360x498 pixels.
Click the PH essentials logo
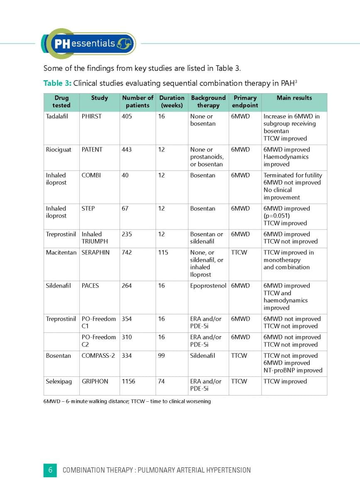pos(88,44)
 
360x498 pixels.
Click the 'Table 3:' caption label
pos(57,83)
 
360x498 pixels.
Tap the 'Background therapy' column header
pos(208,102)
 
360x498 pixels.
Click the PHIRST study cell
pos(91,116)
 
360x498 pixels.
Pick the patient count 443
pos(127,149)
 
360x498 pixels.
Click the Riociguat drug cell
pos(58,149)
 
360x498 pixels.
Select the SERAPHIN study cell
pos(96,252)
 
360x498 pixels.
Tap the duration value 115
pos(163,252)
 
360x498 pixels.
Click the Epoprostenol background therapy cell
pos(208,286)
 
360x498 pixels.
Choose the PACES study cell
pos(90,286)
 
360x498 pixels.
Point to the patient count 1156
pos(128,381)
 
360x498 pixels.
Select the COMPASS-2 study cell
pos(98,356)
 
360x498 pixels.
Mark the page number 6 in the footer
pos(50,470)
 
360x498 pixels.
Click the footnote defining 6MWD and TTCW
pos(127,401)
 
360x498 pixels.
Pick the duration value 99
pos(161,356)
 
